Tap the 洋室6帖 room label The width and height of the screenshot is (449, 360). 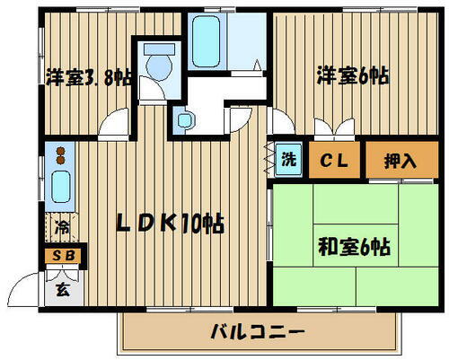pos(351,77)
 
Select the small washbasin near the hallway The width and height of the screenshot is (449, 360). pos(185,117)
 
